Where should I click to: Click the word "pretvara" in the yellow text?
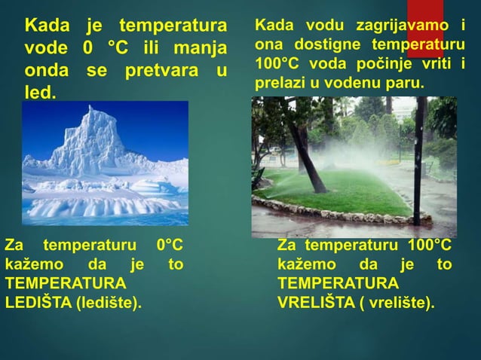pos(164,72)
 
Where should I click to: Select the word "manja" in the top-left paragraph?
pos(201,50)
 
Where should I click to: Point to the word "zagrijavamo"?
pos(405,26)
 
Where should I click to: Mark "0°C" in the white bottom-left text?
pos(169,246)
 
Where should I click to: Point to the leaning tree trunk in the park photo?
pos(305,151)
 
